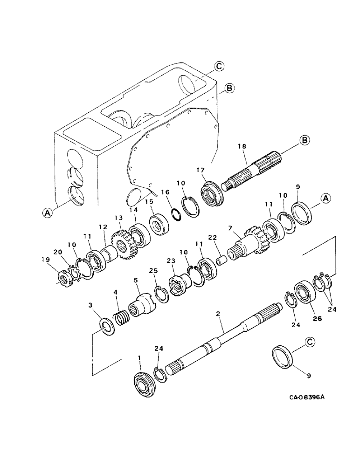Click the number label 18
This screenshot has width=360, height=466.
[242, 146]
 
